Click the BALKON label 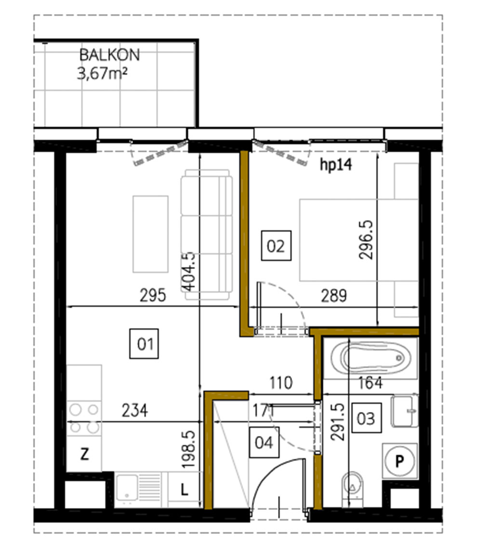[109, 55]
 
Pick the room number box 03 [366, 418]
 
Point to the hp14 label [336, 165]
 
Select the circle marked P [399, 461]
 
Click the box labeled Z [84, 454]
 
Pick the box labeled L [184, 490]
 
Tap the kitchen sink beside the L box [138, 490]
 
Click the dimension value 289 [334, 296]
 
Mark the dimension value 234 [135, 410]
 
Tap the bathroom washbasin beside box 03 [404, 411]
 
